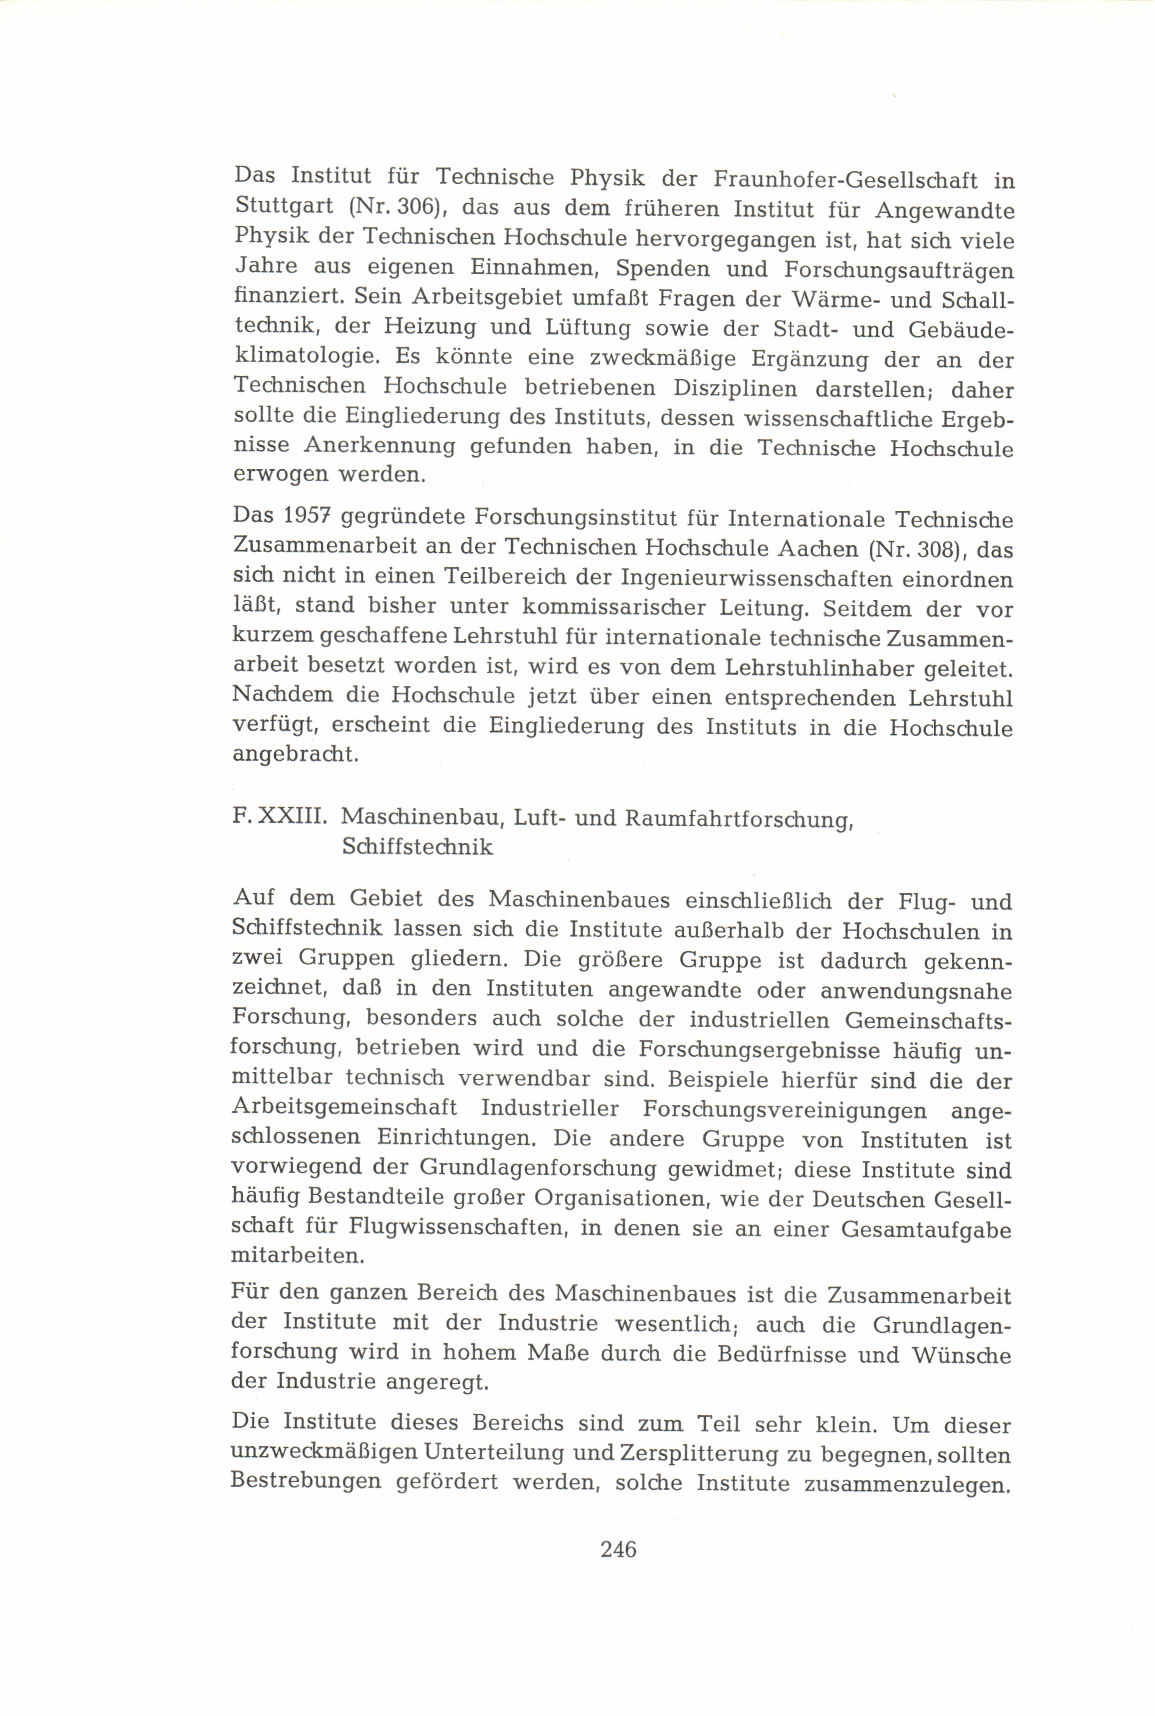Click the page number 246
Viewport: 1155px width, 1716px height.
[618, 1550]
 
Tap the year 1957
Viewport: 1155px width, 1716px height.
[304, 518]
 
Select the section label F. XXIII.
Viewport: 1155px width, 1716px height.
[279, 817]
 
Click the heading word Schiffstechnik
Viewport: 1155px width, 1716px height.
[417, 847]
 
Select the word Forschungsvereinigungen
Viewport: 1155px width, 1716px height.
[785, 1109]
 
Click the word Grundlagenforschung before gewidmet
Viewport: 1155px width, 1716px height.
[543, 1168]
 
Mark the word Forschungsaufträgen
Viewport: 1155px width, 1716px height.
[899, 269]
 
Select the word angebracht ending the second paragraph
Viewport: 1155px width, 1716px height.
[295, 755]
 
